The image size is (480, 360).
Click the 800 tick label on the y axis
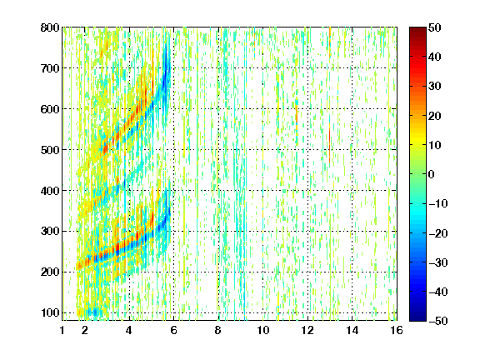pos(50,27)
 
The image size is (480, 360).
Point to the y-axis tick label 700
pos(50,68)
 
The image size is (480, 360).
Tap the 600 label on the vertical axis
pos(50,109)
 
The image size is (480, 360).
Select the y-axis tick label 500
pos(50,150)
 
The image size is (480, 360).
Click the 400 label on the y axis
pos(50,191)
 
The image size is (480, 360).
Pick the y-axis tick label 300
pos(50,232)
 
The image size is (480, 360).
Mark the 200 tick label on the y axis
pos(50,272)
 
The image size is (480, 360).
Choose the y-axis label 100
pos(50,312)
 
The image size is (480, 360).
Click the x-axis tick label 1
pos(62,330)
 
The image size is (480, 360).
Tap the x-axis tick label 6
pos(173,330)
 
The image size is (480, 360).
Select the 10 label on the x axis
pos(263,330)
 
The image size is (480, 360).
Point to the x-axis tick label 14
pos(352,330)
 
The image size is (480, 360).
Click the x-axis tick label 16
pos(397,330)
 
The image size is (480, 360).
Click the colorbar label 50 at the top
pos(434,27)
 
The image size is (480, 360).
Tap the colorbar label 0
pos(432,174)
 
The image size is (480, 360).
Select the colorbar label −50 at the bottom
pos(437,321)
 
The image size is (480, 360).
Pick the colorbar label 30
pos(434,87)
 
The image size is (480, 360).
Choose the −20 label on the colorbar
pos(437,233)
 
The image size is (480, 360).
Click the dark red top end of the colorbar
pos(417,29)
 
